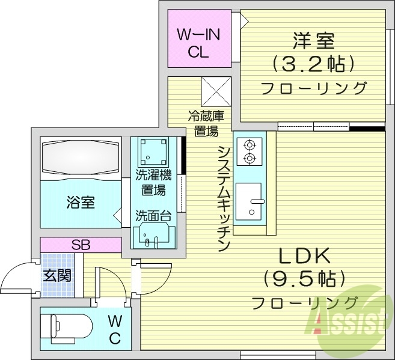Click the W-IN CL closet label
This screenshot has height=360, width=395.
198,43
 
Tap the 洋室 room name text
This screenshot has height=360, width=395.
313,41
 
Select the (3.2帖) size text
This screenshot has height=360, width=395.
313,64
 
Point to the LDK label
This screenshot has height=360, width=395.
304,256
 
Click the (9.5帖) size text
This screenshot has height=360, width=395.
304,278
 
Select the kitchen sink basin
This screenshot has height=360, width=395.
248,201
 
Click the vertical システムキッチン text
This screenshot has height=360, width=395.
224,198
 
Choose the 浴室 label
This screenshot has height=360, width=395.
79,202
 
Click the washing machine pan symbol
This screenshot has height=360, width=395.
154,152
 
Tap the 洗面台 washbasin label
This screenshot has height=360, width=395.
154,215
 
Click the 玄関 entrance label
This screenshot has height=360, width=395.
57,276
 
